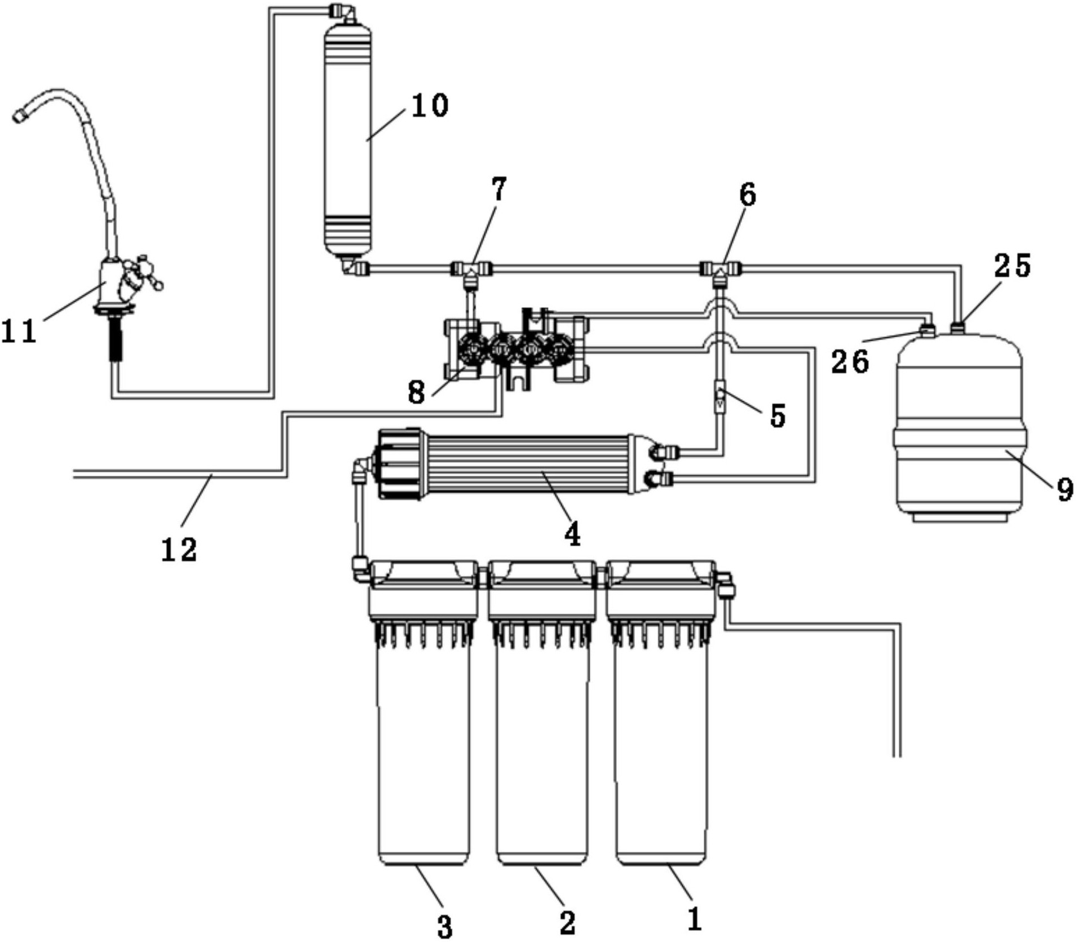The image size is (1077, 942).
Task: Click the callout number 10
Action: click(x=430, y=105)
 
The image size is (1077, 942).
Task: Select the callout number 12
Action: click(x=179, y=549)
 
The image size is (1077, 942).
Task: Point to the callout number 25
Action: click(x=1012, y=266)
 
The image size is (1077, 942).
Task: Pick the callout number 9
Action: click(x=1065, y=489)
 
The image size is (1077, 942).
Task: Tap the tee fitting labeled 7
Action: click(x=471, y=269)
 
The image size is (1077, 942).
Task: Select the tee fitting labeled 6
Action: click(x=720, y=269)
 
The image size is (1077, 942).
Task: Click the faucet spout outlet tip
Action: click(x=20, y=116)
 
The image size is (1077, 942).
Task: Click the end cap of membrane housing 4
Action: click(x=399, y=463)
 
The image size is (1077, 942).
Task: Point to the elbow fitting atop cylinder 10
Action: click(x=342, y=11)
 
